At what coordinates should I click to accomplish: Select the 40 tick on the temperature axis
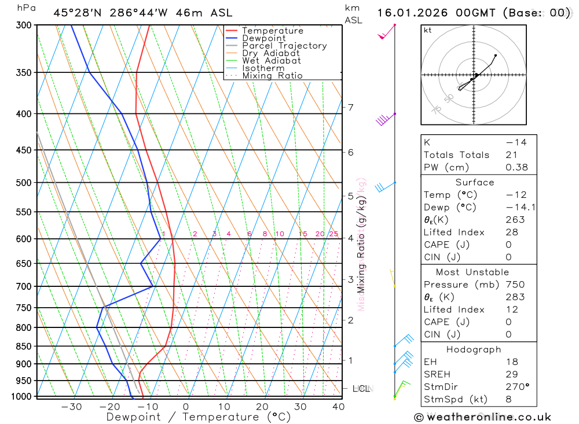coord(338,407)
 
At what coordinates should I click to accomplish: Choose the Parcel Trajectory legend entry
coord(284,46)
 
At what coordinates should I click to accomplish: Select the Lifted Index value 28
coord(511,232)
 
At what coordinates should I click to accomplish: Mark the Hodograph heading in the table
coord(474,349)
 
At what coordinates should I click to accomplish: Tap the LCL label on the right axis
coord(362,389)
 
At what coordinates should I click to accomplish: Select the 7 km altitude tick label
coord(350,107)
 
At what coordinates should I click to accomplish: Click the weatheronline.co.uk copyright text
coord(482,417)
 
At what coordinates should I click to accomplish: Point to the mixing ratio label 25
coord(334,234)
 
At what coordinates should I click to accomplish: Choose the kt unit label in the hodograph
coord(428,30)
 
